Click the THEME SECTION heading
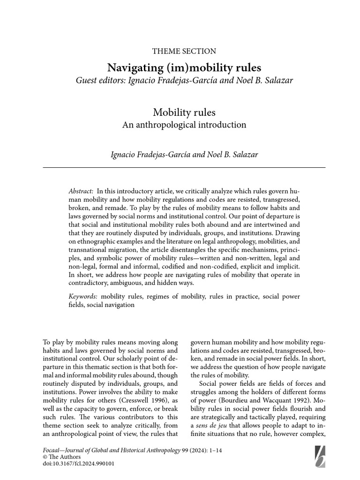[184, 52]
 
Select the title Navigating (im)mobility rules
[184, 67]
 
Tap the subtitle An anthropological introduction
[184, 125]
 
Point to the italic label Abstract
[81, 191]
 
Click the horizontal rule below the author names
[184, 167]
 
